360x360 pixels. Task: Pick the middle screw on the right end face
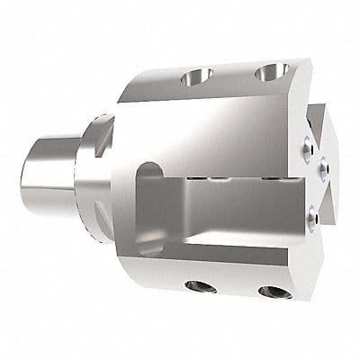point(322,162)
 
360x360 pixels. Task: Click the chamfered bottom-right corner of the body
point(297,270)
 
